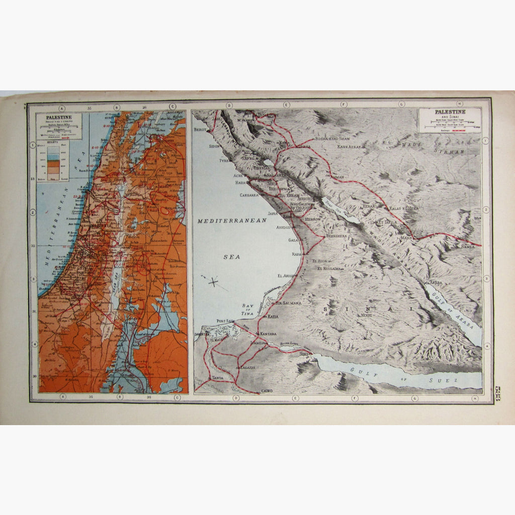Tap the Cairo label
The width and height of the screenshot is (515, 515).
pyautogui.click(x=268, y=390)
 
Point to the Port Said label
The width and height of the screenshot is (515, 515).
pyautogui.click(x=226, y=321)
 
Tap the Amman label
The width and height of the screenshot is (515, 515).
pyautogui.click(x=336, y=177)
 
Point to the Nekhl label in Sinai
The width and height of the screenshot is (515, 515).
pyautogui.click(x=366, y=315)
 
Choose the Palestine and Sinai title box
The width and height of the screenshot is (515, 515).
pyautogui.click(x=450, y=121)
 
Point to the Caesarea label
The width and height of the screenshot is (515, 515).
pyautogui.click(x=249, y=194)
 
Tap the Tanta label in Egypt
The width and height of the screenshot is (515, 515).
pyautogui.click(x=217, y=377)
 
